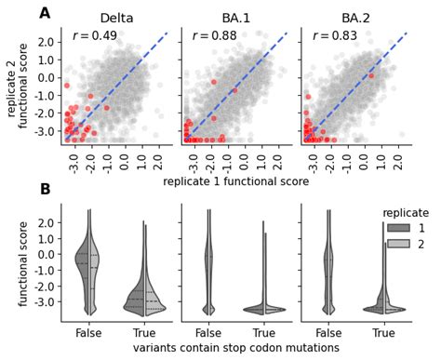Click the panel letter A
[45, 14]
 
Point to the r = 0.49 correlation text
[94, 36]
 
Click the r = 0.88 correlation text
[213, 36]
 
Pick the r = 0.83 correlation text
[333, 36]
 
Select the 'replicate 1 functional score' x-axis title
[236, 182]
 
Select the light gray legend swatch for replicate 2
[394, 245]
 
